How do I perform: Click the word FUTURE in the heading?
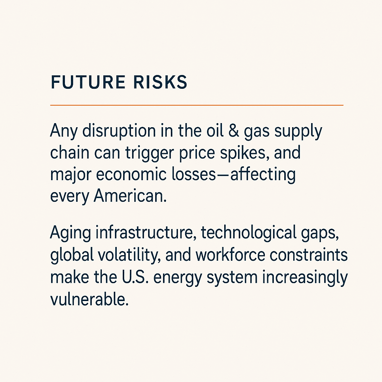click(x=88, y=82)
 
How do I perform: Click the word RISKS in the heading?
click(x=160, y=82)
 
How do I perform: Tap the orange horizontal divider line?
click(x=197, y=105)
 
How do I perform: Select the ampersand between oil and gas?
click(x=234, y=131)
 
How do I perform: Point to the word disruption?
click(x=119, y=131)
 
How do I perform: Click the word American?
click(x=130, y=196)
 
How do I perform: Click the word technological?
click(x=248, y=233)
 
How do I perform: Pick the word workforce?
click(x=230, y=254)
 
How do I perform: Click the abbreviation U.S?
click(x=135, y=277)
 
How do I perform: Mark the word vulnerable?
click(x=90, y=299)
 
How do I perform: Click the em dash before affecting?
click(x=223, y=175)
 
